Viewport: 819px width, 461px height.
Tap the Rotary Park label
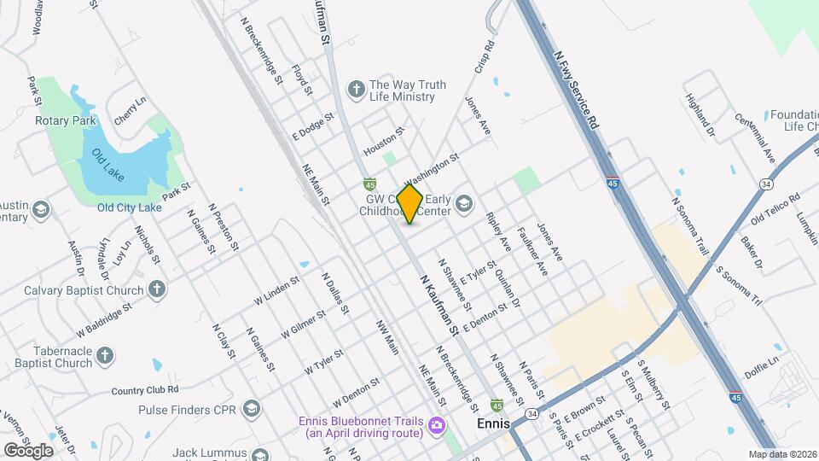[x=66, y=121]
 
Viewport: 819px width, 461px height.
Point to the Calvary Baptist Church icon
[x=156, y=289]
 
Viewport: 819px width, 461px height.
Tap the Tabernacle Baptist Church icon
[x=104, y=355]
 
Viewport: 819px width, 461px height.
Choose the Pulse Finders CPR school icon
[x=251, y=409]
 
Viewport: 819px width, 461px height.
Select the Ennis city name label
[x=493, y=424]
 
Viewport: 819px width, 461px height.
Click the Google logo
[x=28, y=450]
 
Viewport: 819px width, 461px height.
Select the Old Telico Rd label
[x=775, y=209]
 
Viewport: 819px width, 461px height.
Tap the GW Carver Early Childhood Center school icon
[x=463, y=203]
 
